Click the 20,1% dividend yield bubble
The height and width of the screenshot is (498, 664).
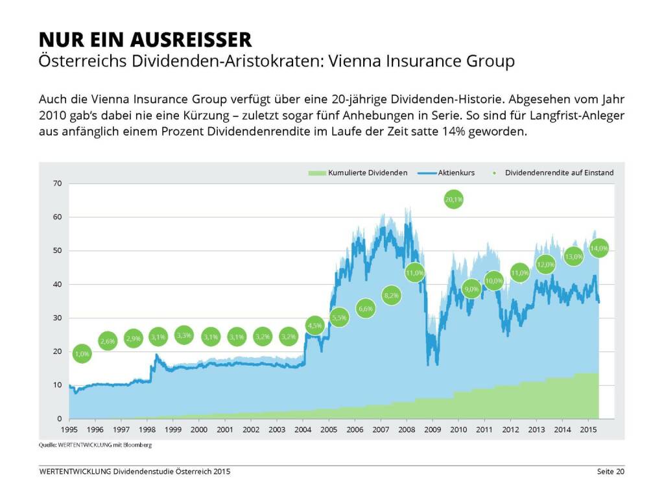click(454, 200)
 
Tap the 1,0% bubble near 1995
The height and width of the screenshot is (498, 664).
click(82, 354)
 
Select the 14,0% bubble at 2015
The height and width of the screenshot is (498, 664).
click(599, 248)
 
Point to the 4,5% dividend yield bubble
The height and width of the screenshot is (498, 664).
click(314, 326)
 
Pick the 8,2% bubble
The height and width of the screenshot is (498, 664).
click(392, 296)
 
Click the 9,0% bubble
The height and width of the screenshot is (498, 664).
click(472, 289)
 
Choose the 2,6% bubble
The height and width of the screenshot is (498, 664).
click(108, 341)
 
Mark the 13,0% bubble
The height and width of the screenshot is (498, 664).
click(574, 256)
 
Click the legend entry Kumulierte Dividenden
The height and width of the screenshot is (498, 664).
click(367, 173)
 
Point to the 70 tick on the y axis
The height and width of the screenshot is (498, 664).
click(57, 184)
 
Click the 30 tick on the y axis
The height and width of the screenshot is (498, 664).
click(57, 318)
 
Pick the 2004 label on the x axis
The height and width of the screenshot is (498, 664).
click(302, 430)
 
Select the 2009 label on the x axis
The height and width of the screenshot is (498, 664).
click(433, 430)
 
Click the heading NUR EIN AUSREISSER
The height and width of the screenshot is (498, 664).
click(145, 40)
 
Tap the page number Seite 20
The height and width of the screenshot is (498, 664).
click(611, 471)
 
